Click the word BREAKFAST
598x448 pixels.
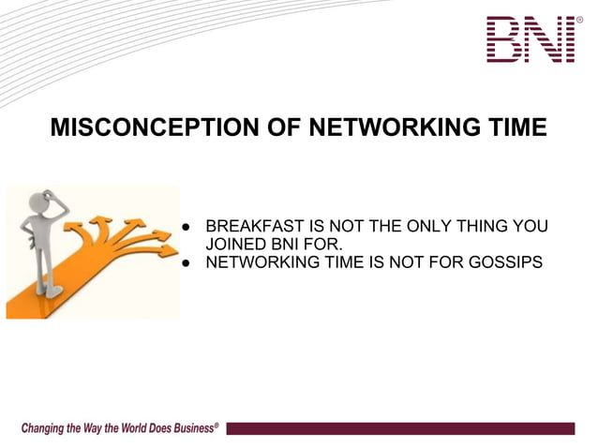pos(254,227)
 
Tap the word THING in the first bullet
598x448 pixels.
pos(498,227)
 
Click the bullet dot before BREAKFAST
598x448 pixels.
pos(187,228)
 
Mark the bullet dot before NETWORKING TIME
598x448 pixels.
pos(187,263)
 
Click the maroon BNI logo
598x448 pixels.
pos(530,39)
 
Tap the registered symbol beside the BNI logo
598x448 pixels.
pos(579,20)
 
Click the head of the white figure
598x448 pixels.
pos(38,201)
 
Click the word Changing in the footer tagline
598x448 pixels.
pos(43,428)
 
